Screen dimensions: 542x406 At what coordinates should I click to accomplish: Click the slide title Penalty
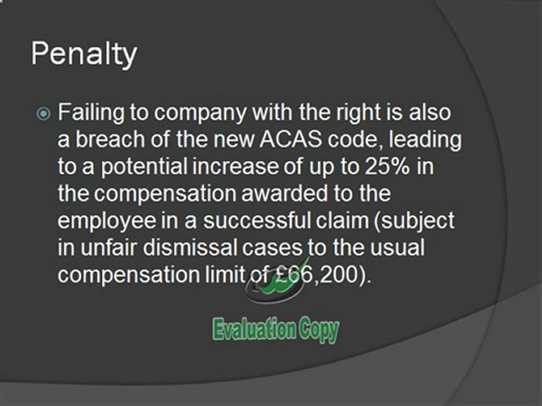(x=84, y=55)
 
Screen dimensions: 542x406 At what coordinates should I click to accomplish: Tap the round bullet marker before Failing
(x=43, y=113)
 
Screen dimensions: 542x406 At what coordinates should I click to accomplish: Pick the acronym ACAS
(x=290, y=139)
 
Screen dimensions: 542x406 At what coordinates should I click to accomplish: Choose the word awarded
(x=284, y=193)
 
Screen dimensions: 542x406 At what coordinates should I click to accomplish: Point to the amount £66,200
(x=320, y=275)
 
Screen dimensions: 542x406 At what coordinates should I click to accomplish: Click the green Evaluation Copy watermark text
(x=276, y=330)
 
